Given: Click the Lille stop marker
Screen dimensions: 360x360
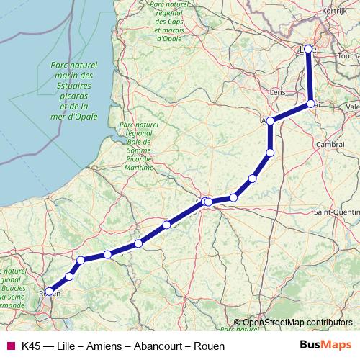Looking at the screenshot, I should [308, 49].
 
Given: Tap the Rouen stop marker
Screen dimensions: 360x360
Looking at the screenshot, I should [49, 292].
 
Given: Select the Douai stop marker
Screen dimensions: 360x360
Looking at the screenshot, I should [311, 104].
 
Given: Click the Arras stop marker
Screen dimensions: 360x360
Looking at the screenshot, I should [271, 122].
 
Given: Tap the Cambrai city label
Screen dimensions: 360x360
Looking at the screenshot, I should [330, 145].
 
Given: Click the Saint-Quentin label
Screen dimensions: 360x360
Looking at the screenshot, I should [336, 212].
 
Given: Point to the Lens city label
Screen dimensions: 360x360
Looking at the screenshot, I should [277, 92].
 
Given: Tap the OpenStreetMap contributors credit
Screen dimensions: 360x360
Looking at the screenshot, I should [297, 322].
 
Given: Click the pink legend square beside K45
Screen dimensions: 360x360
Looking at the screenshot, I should [10, 346].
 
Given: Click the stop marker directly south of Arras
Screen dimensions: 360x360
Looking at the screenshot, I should [270, 152].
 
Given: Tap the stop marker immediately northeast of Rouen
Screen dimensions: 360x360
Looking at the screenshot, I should [70, 276].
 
